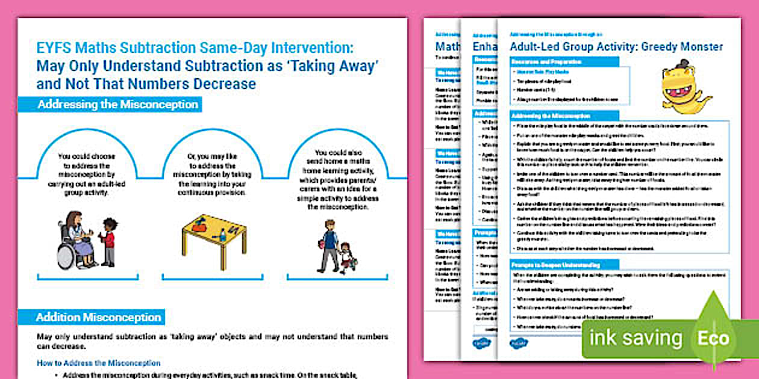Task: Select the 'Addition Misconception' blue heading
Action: (99, 317)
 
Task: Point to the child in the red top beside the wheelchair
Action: (108, 241)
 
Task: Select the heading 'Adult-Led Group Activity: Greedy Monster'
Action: (616, 47)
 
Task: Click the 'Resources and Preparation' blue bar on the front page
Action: (546, 62)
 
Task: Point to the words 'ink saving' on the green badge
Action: (636, 338)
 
